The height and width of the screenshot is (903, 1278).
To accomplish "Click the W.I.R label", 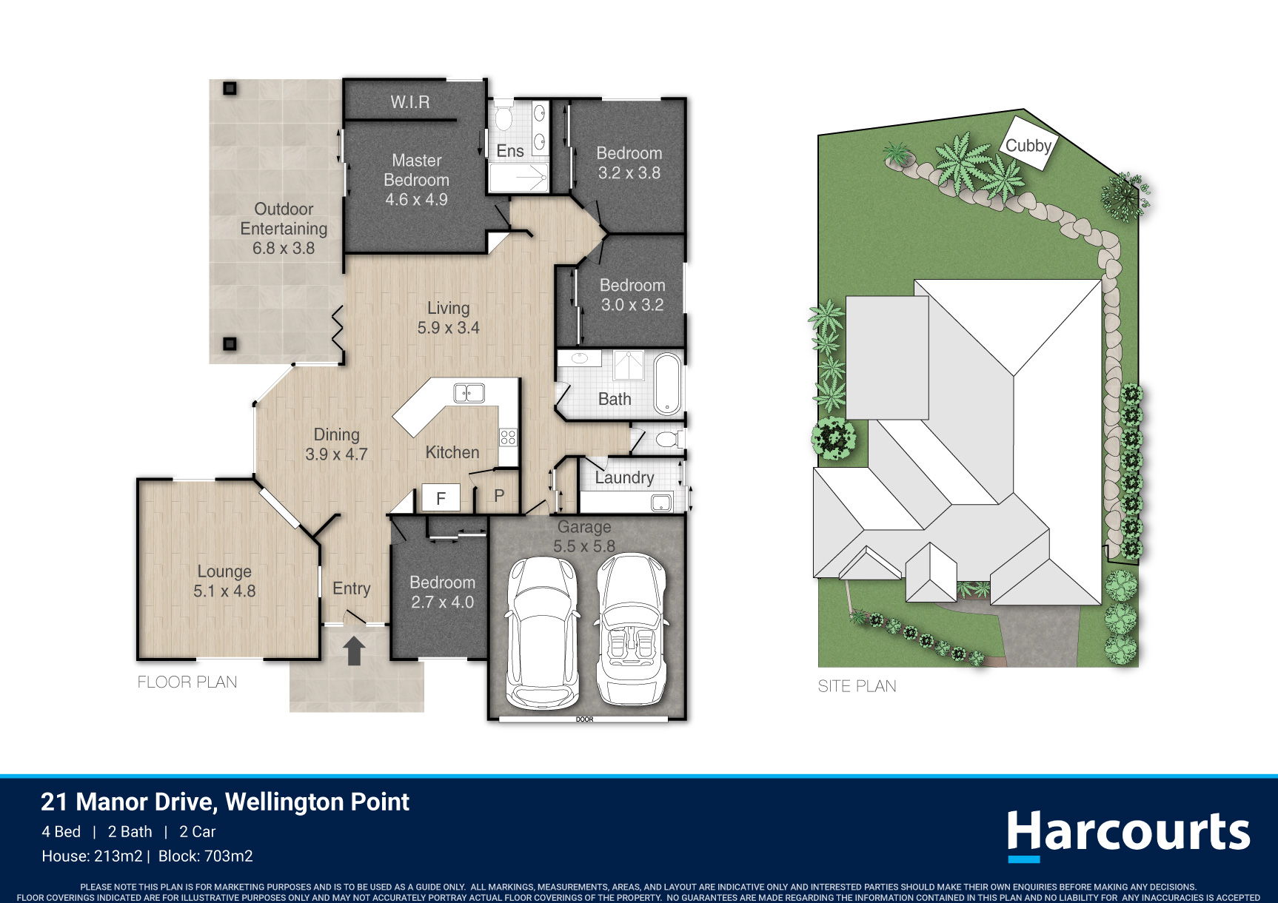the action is pos(410,102).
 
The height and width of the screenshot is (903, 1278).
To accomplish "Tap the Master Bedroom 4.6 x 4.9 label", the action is pos(416,180).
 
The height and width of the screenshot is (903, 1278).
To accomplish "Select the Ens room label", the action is pos(510,151).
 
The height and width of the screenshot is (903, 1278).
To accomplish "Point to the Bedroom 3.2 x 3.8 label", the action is pos(629,163).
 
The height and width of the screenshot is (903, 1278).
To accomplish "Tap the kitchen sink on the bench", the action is pos(469,392).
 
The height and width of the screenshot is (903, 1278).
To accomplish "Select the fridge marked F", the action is pos(441,498).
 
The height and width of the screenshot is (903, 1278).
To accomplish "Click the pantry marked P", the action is pos(499,497).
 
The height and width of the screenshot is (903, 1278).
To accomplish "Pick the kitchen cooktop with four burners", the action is pos(508,437).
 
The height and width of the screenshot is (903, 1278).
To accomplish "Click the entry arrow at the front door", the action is pos(354,651).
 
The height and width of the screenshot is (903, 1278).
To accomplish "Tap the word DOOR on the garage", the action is pos(585,719).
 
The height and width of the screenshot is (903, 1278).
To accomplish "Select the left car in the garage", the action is pos(542,631).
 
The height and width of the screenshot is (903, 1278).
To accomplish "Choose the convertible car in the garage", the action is pos(632,629).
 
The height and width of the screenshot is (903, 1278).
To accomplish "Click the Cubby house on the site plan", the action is pos(1028,144).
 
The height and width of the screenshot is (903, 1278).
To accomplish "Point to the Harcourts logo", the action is pos(1128,835).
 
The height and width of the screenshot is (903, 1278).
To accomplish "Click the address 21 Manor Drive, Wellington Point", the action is pos(225,802).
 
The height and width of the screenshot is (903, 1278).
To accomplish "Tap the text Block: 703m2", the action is pos(206,856).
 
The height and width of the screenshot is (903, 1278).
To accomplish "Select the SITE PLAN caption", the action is pos(857,686).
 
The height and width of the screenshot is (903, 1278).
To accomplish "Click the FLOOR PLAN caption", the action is pos(187,682).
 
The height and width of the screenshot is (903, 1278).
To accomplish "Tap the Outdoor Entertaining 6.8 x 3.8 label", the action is pos(284,229).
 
